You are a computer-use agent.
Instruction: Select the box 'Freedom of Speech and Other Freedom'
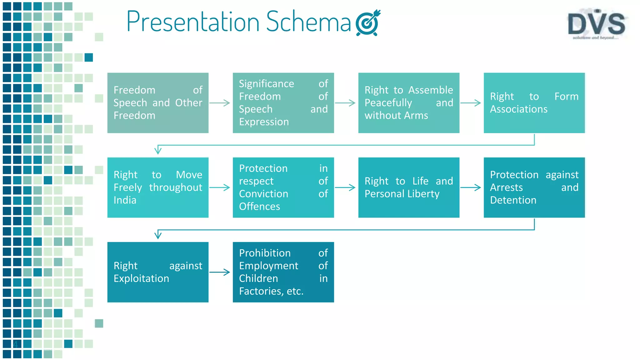click(158, 103)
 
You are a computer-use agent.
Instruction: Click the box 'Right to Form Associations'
click(534, 103)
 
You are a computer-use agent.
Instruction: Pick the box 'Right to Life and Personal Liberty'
click(409, 187)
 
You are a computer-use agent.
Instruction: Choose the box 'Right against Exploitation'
click(158, 272)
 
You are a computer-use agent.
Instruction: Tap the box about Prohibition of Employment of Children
click(283, 272)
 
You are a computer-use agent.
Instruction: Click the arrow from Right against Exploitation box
click(220, 272)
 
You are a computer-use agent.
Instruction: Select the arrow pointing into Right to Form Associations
click(471, 103)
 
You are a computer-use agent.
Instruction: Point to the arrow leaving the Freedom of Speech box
click(220, 103)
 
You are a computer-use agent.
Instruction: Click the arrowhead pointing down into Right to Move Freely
click(158, 151)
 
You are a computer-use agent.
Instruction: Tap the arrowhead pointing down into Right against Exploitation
click(158, 235)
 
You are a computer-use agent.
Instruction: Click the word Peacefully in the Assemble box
click(388, 103)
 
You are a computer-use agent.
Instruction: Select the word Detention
click(513, 200)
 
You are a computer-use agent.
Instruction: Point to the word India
click(125, 200)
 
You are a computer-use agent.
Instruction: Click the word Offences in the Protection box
click(259, 206)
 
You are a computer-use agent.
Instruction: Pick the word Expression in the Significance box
click(264, 122)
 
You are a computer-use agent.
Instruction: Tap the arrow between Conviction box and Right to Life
click(345, 187)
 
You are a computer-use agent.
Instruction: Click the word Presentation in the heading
click(193, 22)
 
